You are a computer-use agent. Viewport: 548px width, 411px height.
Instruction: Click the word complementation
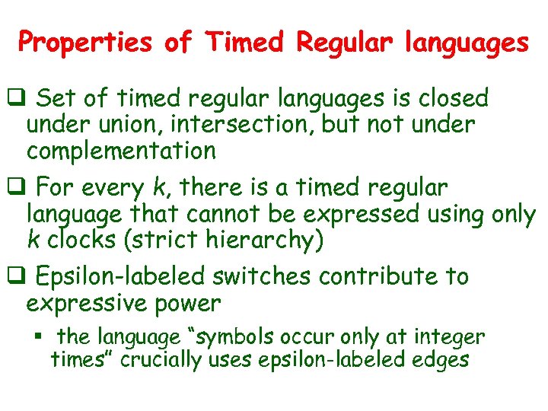[x=121, y=151]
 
